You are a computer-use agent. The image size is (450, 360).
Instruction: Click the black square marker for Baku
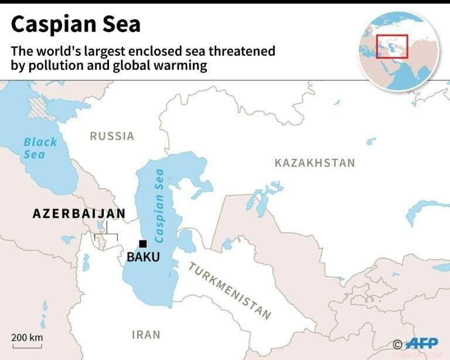(x=142, y=244)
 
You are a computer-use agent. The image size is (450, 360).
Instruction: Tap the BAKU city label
(x=143, y=257)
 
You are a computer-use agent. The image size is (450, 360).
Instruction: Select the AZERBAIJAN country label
(x=79, y=214)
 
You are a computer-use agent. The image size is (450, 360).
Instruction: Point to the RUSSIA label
(x=112, y=136)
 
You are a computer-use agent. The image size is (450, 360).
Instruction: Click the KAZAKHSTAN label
(x=315, y=162)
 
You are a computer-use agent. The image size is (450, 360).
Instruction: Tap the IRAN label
(x=146, y=335)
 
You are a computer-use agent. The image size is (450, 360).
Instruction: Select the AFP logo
(x=421, y=344)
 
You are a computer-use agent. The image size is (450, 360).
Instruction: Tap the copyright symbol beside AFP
(x=397, y=344)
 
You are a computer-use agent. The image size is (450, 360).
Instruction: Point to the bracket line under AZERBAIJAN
(x=106, y=235)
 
